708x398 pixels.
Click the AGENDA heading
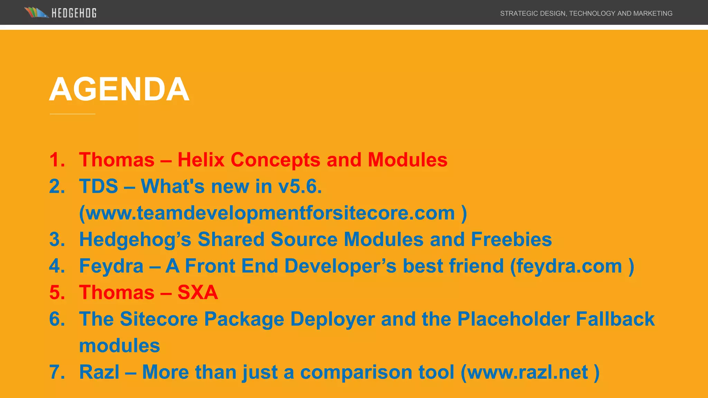tap(119, 89)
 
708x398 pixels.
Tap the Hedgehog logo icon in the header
tap(36, 13)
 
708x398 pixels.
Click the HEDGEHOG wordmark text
tap(74, 13)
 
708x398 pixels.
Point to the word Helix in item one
tap(201, 160)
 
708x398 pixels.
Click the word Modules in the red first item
tap(407, 160)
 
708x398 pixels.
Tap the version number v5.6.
tap(300, 187)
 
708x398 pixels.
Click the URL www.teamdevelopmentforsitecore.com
tap(270, 213)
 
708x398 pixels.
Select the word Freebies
tap(511, 239)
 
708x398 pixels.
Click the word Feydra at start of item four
tap(111, 266)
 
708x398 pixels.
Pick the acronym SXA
tap(197, 293)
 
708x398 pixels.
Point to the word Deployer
tap(332, 319)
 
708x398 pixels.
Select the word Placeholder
tap(513, 319)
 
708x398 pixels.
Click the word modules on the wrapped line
tap(119, 345)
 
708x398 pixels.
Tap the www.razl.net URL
tap(528, 372)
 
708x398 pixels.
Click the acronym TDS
tap(99, 187)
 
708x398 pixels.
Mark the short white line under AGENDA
tap(72, 114)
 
